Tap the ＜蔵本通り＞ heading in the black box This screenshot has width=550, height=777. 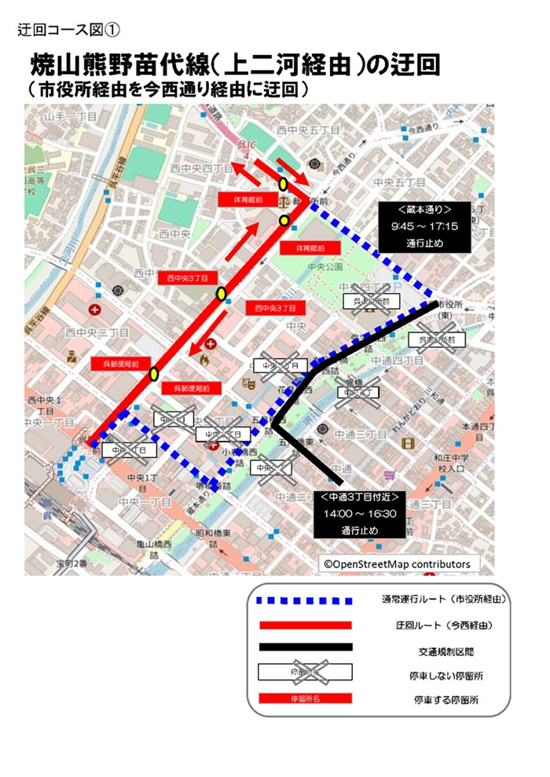pos(425,210)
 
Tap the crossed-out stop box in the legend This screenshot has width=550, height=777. pos(305,673)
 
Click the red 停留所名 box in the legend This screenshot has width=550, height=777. pos(305,698)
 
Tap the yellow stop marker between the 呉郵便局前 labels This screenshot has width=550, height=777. pos(154,373)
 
